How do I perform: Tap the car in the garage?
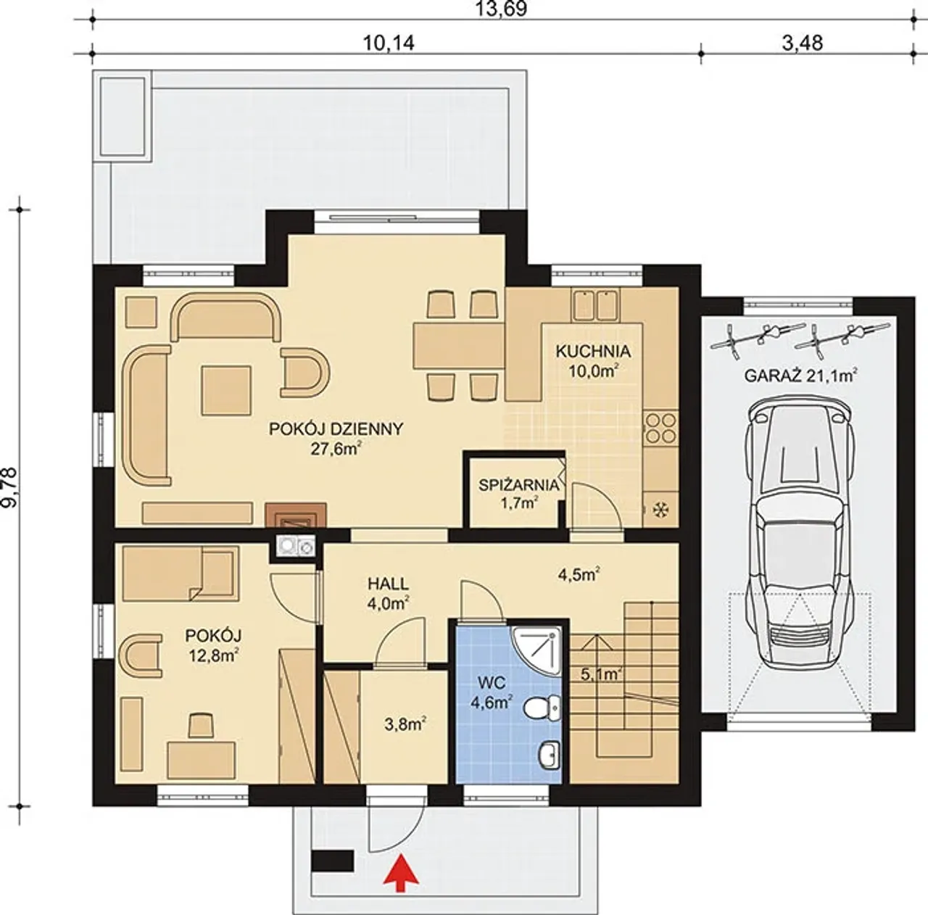(800, 536)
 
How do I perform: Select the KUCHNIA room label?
(593, 352)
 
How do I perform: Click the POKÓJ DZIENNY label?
(336, 428)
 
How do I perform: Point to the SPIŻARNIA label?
(518, 485)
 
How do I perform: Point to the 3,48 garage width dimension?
(803, 43)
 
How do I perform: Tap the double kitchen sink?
(596, 305)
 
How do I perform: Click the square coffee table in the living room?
(226, 390)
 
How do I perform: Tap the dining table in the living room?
(459, 346)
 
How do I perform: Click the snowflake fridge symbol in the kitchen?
(661, 510)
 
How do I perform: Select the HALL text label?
(388, 584)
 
